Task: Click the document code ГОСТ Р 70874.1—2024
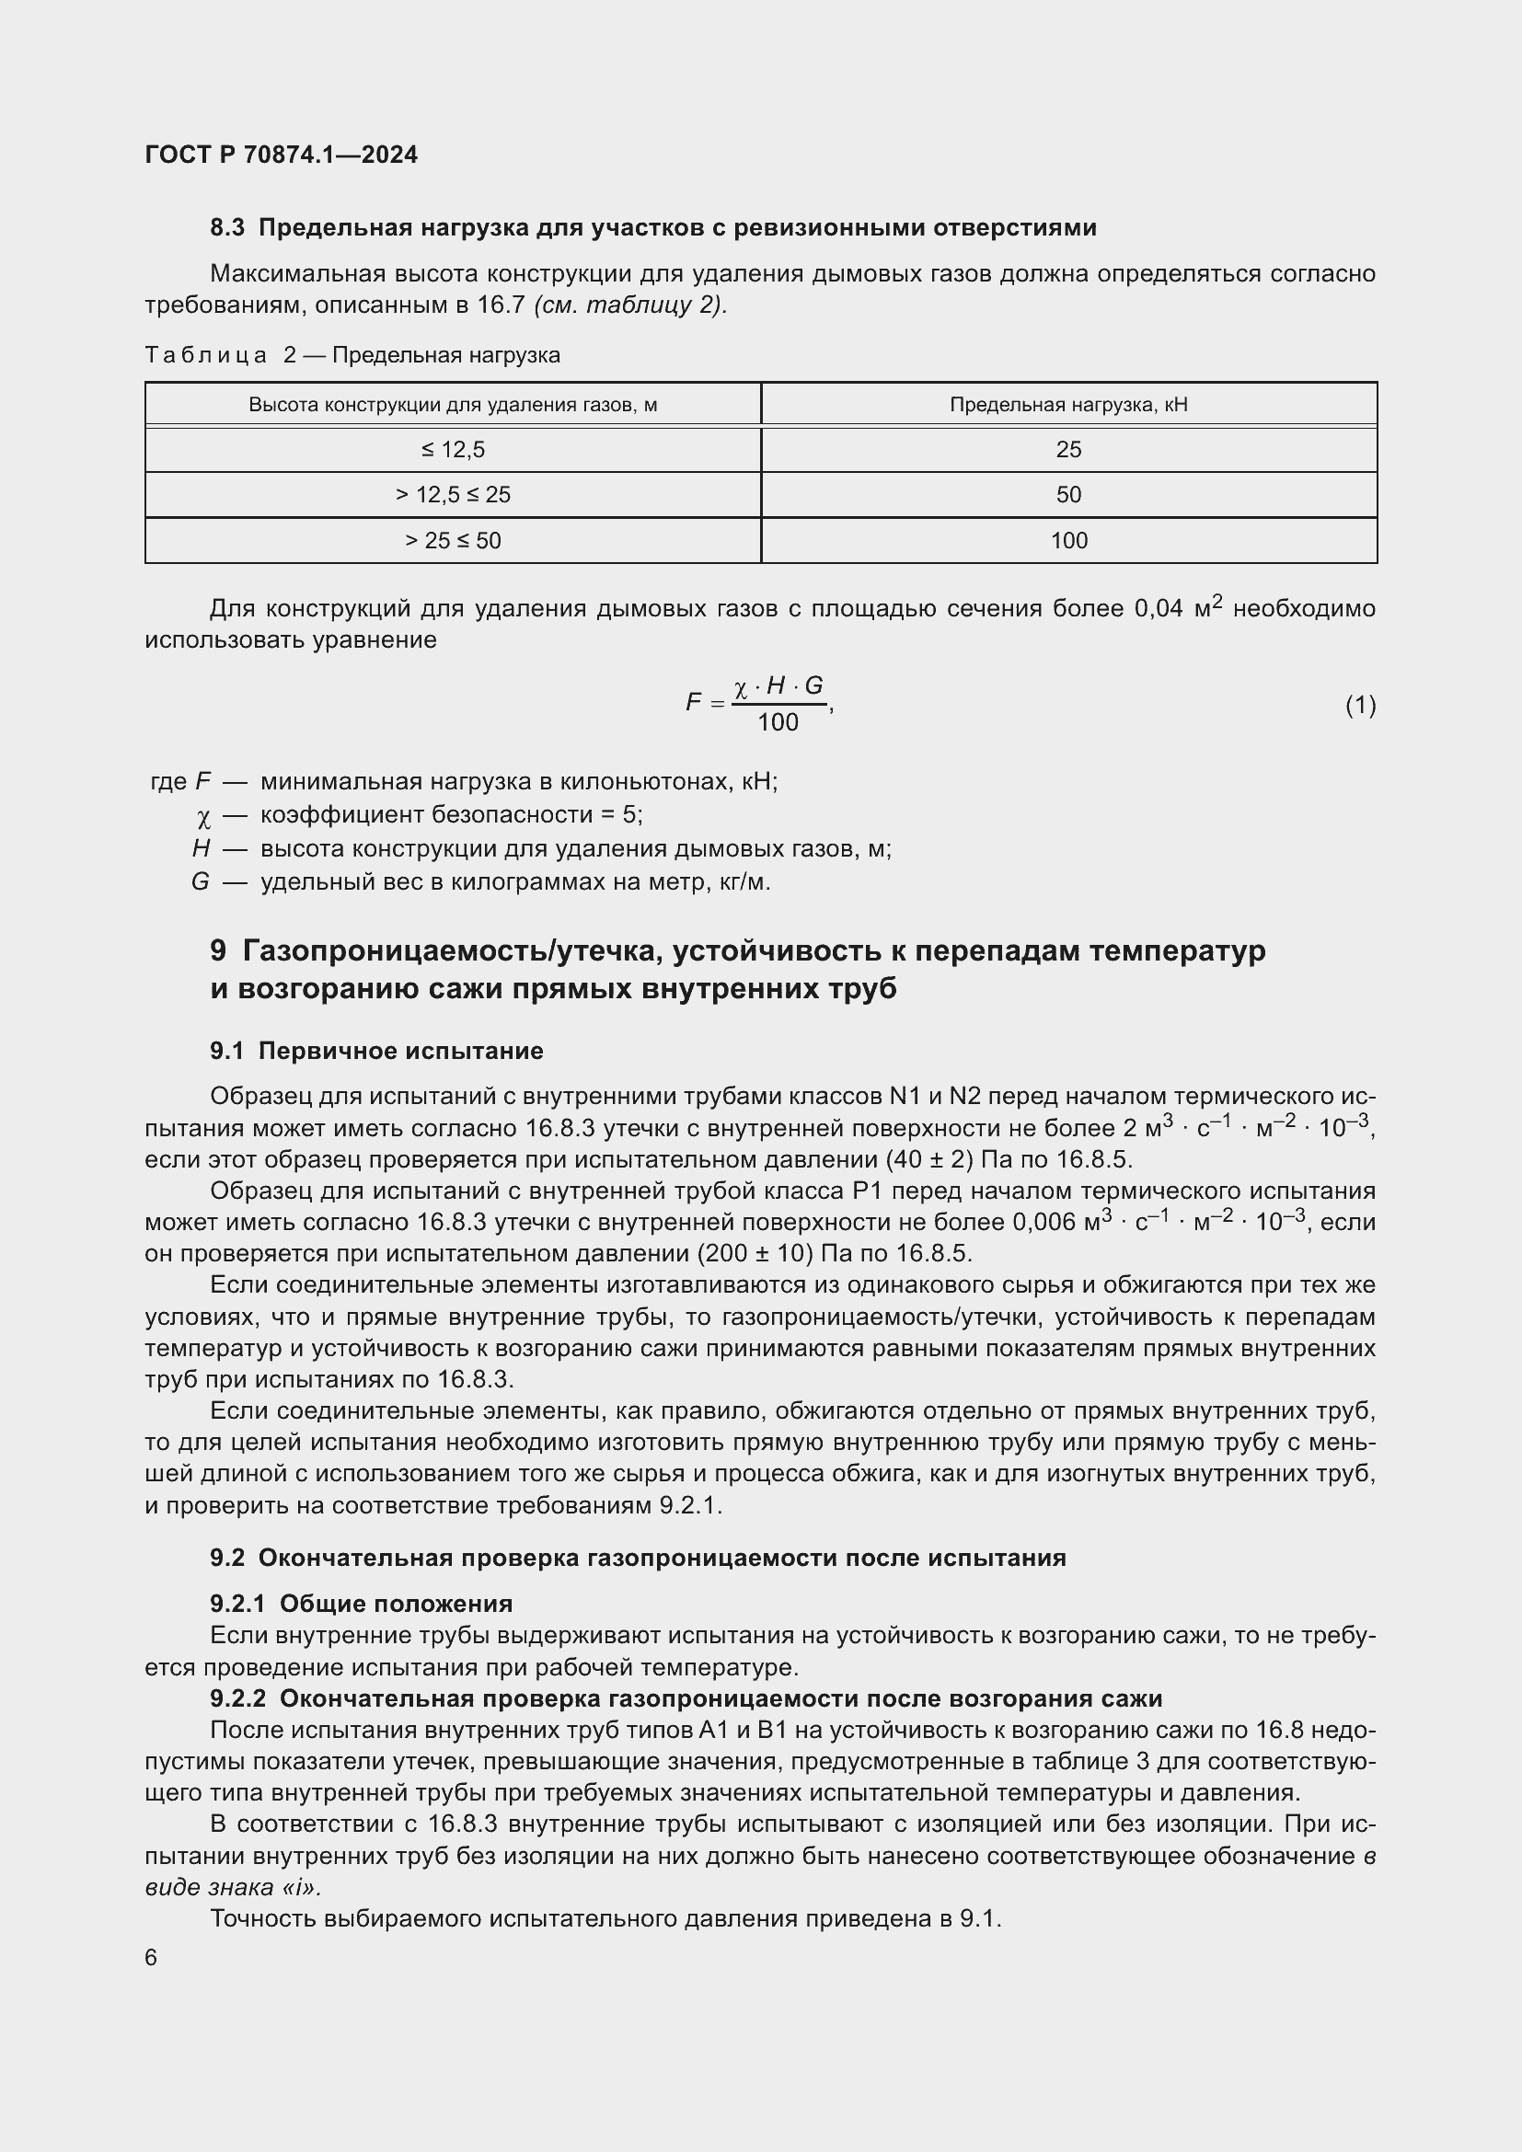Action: pos(282,155)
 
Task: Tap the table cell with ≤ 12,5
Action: pos(453,450)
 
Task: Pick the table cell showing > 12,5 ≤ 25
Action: pos(453,495)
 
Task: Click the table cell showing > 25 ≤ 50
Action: pos(453,541)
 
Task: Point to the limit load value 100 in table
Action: pos(1068,541)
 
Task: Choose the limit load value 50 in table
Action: pos(1068,495)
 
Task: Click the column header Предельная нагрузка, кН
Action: pos(1068,405)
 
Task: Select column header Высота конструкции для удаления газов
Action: pos(453,405)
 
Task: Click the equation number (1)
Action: pos(1360,705)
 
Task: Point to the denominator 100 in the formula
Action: pos(778,721)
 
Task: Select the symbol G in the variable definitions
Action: pos(200,882)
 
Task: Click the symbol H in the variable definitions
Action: pos(201,849)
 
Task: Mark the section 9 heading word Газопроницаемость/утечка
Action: pos(454,950)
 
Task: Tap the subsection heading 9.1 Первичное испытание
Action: pos(376,1051)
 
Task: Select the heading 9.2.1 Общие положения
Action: pos(361,1604)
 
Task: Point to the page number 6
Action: pos(151,1958)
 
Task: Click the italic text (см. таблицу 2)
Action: pos(629,305)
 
